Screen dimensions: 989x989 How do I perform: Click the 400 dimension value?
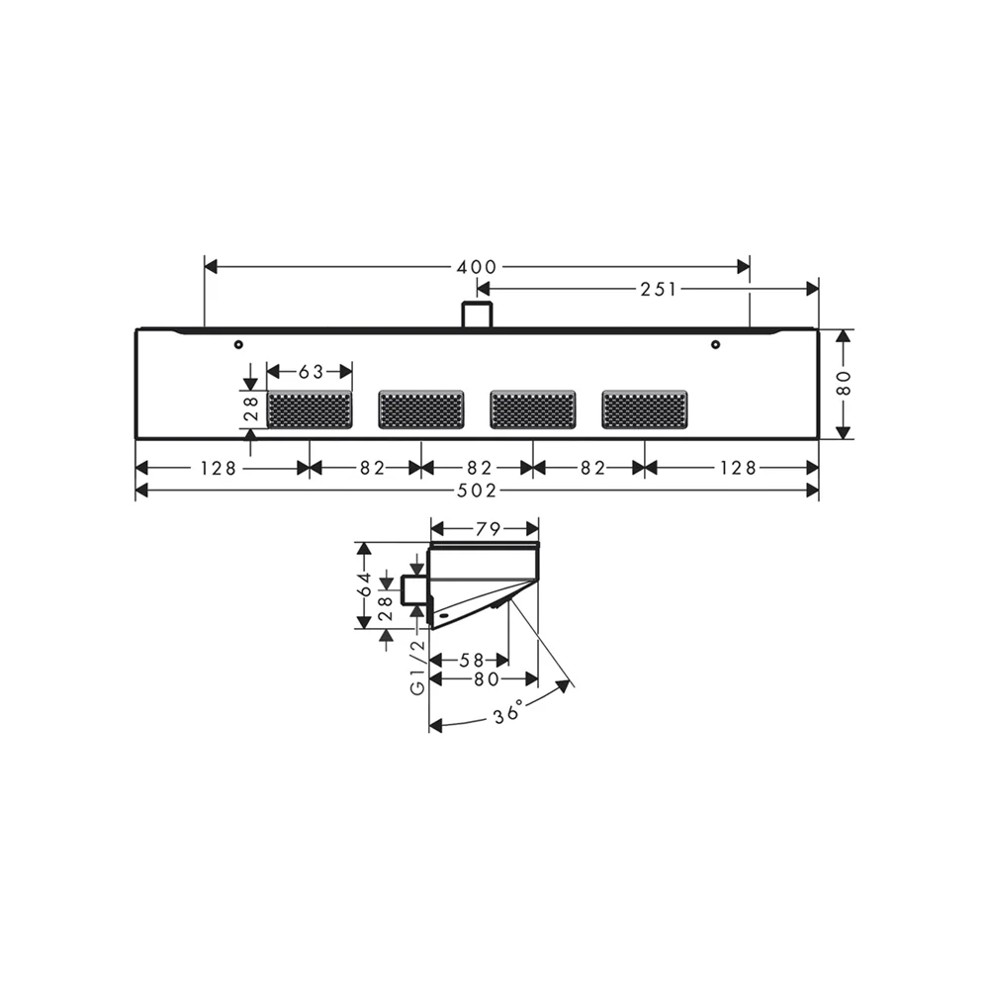(x=477, y=267)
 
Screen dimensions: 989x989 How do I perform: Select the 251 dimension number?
(x=659, y=290)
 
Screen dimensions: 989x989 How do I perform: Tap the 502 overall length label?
(x=477, y=491)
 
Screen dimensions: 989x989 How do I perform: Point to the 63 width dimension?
(x=311, y=372)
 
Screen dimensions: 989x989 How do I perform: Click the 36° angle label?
(x=508, y=712)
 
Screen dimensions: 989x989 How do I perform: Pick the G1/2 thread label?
(x=417, y=668)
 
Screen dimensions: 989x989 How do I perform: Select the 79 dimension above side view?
(x=488, y=529)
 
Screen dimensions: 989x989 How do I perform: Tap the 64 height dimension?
(x=365, y=584)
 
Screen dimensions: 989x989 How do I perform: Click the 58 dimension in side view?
(x=472, y=661)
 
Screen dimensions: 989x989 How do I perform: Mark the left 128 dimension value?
(x=218, y=468)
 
